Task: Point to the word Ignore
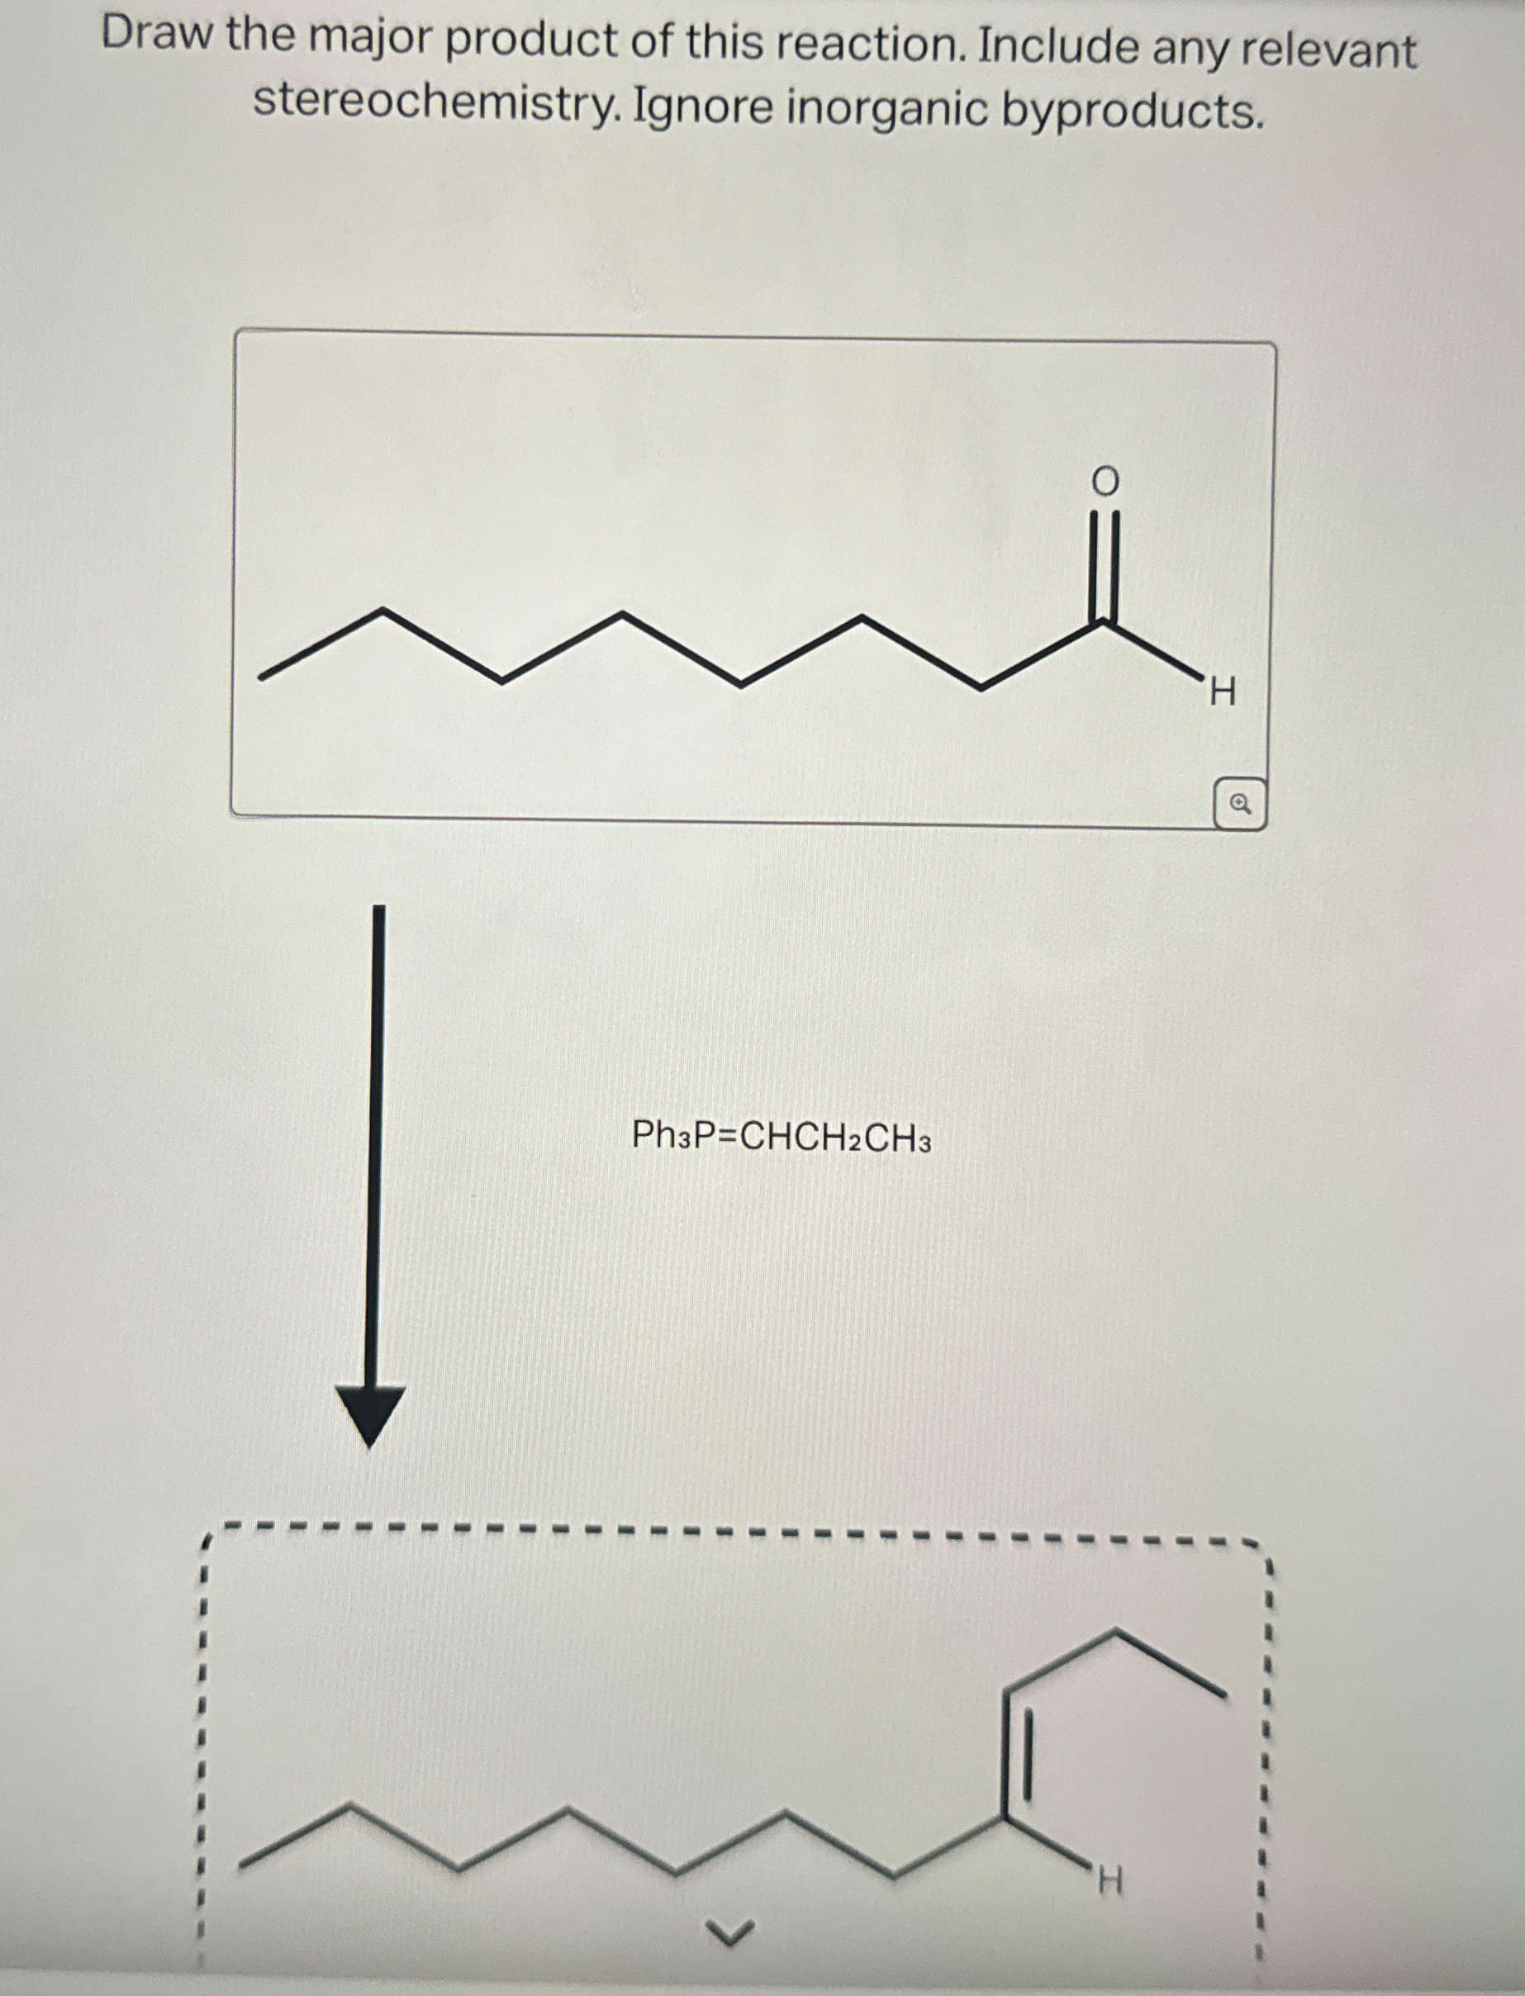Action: click(x=702, y=107)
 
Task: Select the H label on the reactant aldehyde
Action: click(x=1222, y=694)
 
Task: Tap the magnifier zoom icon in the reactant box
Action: click(x=1240, y=803)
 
